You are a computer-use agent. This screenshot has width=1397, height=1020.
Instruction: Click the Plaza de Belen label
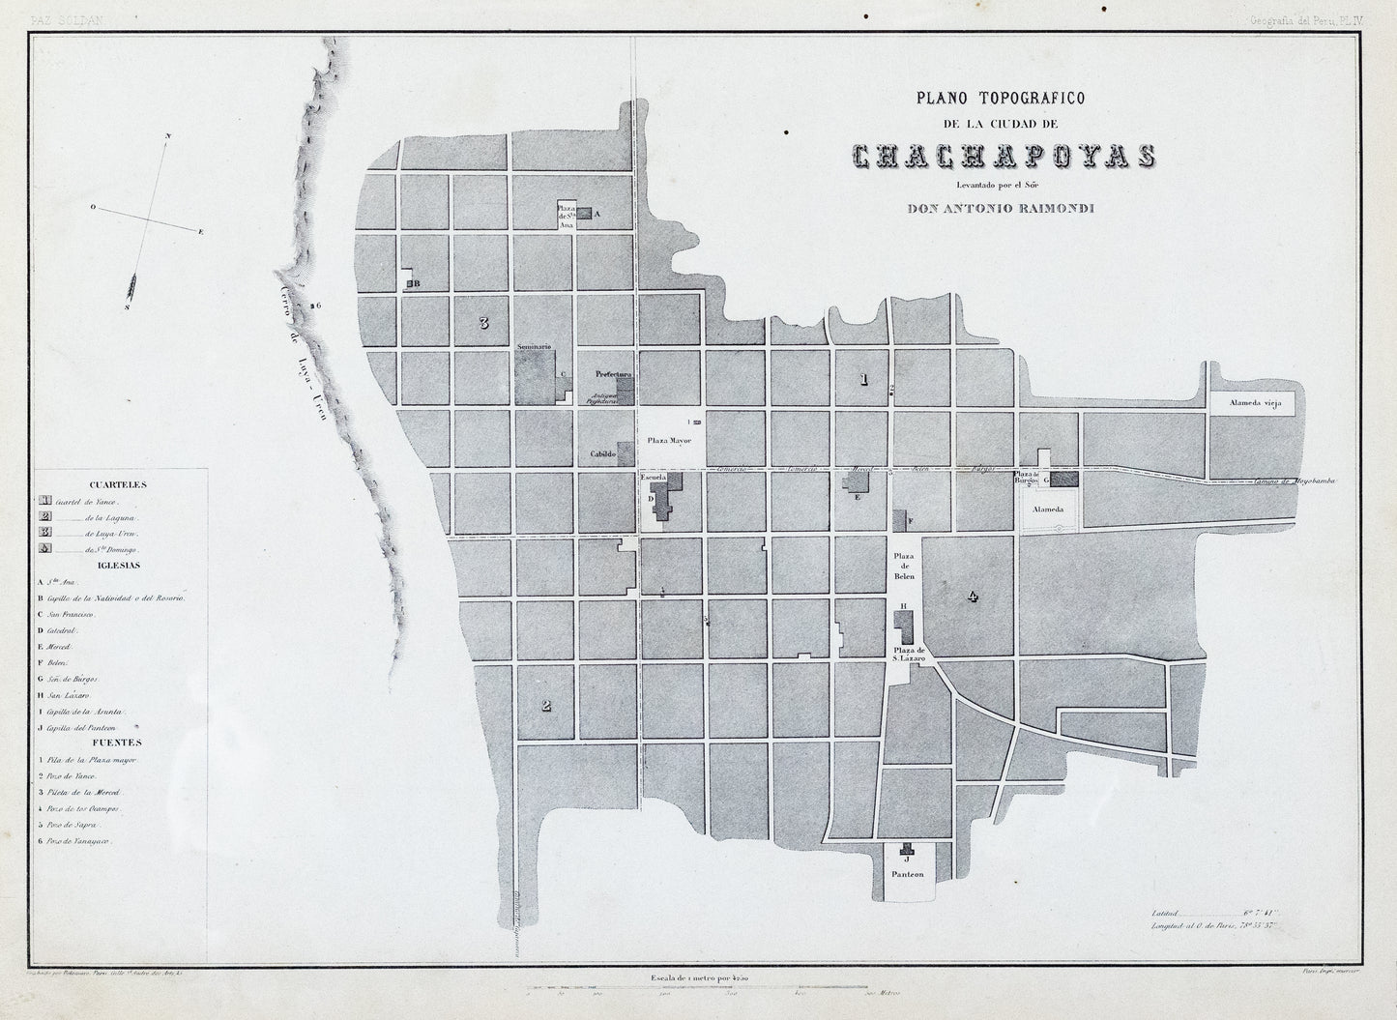click(x=904, y=566)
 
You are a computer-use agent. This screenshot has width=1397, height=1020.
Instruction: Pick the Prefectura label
click(x=613, y=374)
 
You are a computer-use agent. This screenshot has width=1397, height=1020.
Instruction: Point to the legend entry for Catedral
click(x=68, y=630)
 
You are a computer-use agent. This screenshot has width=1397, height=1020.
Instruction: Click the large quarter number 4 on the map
click(x=973, y=597)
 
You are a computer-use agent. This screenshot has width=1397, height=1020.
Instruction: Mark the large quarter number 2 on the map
click(x=546, y=705)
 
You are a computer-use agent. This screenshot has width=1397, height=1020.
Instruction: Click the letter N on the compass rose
click(x=168, y=137)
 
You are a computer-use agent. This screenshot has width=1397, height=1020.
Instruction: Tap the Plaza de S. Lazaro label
click(x=910, y=655)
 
